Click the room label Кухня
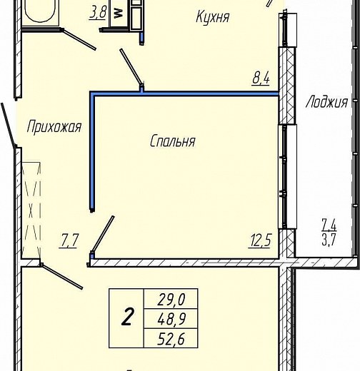tap(213, 17)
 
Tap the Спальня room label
tap(173, 141)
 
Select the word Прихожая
tap(54, 127)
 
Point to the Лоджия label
tap(326, 102)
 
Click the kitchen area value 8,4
tap(261, 79)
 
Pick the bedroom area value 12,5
tap(259, 241)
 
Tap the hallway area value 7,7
tap(69, 241)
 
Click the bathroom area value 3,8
tap(98, 13)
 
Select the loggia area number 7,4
tap(329, 225)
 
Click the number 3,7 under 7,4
tap(329, 240)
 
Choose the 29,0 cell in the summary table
tap(171, 299)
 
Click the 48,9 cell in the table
tap(171, 319)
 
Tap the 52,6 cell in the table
tap(171, 338)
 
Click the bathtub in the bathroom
tap(40, 12)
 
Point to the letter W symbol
tap(119, 14)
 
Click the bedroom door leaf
tap(103, 234)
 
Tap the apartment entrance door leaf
tap(9, 126)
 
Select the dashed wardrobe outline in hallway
tap(31, 210)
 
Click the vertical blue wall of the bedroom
tap(92, 152)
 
